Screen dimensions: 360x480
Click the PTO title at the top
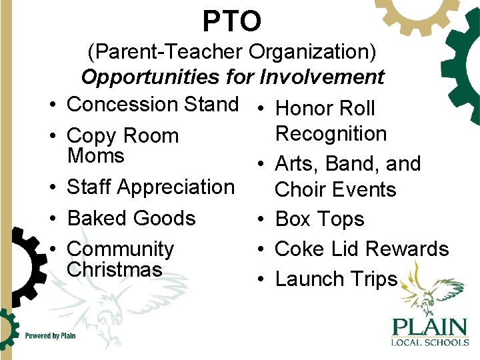click(x=232, y=21)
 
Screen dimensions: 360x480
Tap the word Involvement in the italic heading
click(x=322, y=77)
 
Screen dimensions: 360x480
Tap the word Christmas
click(x=114, y=269)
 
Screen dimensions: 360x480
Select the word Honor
click(x=305, y=108)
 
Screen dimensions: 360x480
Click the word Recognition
click(x=331, y=134)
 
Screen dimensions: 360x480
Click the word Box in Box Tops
click(x=292, y=219)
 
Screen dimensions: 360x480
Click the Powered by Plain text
click(x=50, y=336)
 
